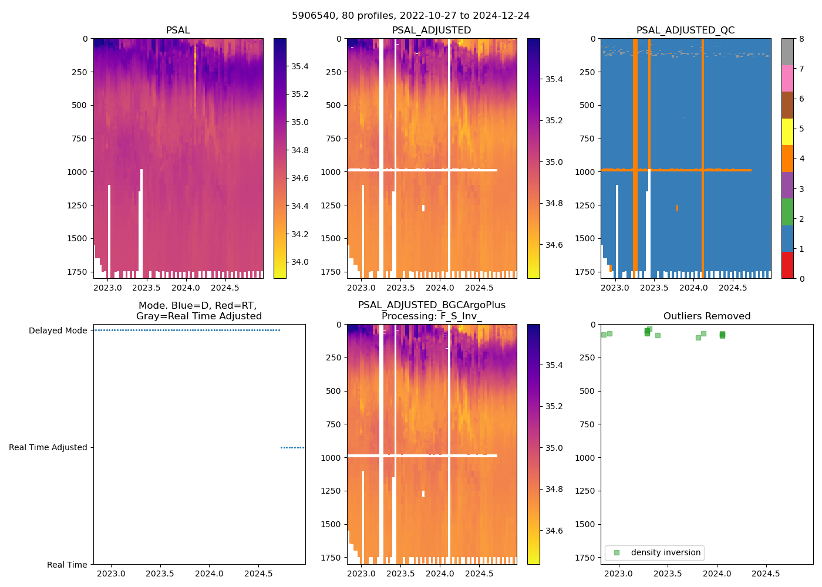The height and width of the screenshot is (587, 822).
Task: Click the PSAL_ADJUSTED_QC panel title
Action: coord(685,31)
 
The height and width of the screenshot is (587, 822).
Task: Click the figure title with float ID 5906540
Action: coord(410,16)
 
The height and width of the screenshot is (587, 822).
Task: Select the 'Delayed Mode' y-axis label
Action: coord(58,330)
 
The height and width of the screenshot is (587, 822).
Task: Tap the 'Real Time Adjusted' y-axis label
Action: coord(48,447)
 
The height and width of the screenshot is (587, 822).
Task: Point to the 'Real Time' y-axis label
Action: coord(67,565)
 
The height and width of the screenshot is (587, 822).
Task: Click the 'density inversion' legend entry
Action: coord(665,552)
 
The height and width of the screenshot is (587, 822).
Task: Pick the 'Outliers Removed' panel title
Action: coord(707,316)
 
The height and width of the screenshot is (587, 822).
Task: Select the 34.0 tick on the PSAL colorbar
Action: coord(300,262)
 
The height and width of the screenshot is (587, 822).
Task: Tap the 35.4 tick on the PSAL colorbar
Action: coord(300,66)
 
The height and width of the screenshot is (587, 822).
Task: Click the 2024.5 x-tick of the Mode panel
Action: coord(258,573)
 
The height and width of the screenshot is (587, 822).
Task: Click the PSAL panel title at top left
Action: coord(178,31)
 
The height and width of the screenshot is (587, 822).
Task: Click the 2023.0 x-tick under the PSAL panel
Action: coord(107,288)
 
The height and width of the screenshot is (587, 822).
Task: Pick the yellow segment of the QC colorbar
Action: coord(787,131)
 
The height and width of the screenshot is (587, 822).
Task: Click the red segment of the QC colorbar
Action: coord(787,265)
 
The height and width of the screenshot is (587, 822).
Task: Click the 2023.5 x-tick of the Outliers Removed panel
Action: coord(668,573)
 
